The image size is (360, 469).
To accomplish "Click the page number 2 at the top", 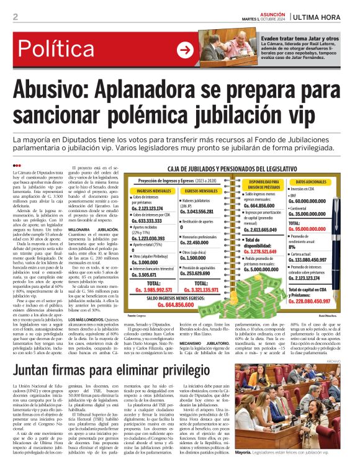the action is click(x=15, y=17).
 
